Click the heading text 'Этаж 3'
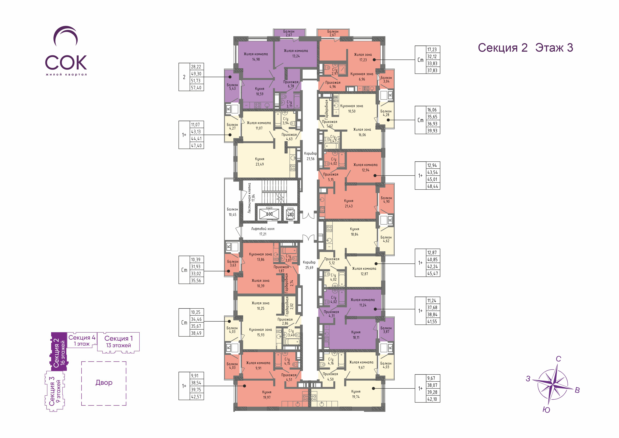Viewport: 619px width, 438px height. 554,48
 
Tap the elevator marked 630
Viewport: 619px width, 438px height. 269,214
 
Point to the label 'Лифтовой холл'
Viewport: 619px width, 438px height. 263,229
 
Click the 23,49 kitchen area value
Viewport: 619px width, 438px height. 260,164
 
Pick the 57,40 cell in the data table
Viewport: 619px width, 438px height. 196,88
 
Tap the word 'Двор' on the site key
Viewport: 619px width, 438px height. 104,382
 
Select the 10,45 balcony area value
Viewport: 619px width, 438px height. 232,215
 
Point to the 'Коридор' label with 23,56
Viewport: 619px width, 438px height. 310,153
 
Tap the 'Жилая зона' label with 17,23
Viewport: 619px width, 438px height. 363,54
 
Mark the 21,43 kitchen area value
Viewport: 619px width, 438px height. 349,206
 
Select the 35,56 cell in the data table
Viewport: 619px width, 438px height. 196,281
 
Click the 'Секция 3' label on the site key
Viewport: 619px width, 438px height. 52,391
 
